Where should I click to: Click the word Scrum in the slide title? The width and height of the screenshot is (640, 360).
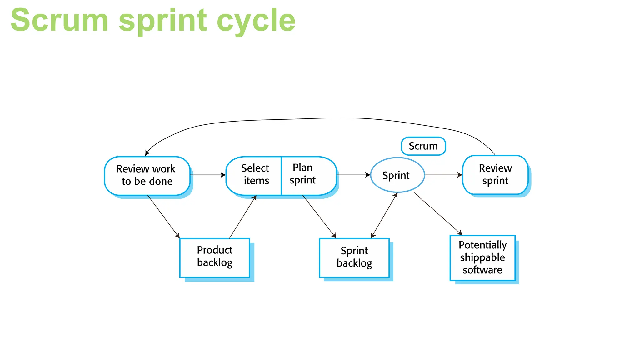[59, 21]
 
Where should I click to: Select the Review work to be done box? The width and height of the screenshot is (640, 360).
[147, 176]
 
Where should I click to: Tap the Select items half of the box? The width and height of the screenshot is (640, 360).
[254, 175]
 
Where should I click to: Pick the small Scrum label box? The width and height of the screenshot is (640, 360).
[423, 146]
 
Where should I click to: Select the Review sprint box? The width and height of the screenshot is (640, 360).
[495, 175]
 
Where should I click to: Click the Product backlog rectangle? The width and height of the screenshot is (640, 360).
[215, 257]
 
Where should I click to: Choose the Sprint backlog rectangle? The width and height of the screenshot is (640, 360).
[354, 257]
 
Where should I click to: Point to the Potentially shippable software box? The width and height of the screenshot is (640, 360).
[482, 257]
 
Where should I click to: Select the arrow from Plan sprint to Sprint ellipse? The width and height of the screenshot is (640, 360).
[353, 175]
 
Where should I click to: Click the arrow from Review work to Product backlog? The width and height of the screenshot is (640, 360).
[163, 216]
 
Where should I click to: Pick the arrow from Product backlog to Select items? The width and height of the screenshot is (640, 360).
[243, 217]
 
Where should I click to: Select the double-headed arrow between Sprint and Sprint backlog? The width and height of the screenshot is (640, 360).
[384, 216]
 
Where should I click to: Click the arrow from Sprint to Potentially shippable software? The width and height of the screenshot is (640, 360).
[437, 213]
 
